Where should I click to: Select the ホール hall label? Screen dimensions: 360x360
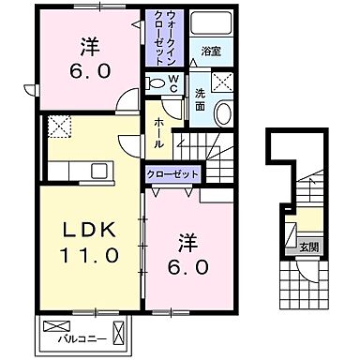pyautogui.click(x=160, y=127)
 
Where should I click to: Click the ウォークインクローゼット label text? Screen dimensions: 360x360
pyautogui.click(x=158, y=36)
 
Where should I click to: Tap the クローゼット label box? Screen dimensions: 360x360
pyautogui.click(x=171, y=175)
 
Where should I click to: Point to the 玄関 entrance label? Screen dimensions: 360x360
pyautogui.click(x=308, y=247)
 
